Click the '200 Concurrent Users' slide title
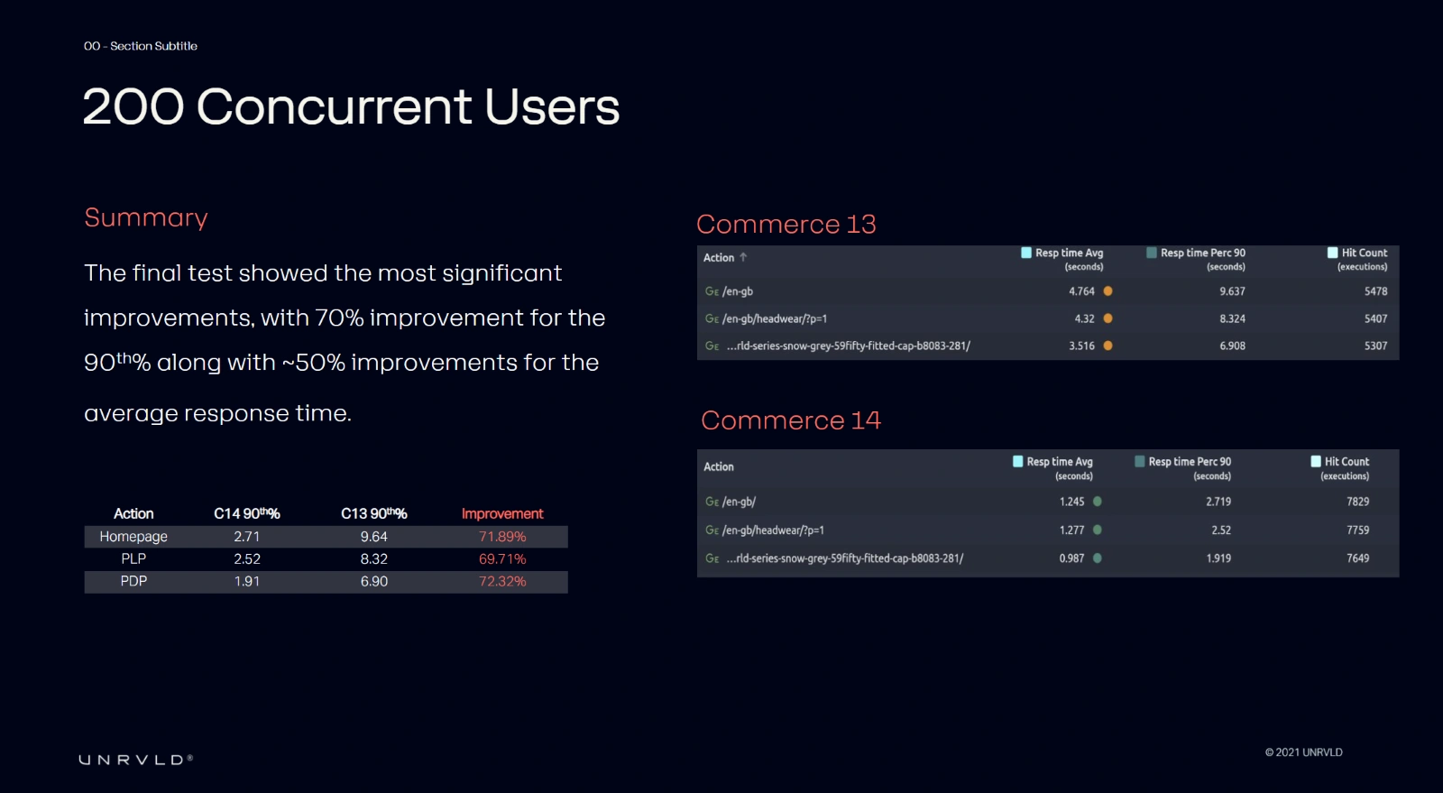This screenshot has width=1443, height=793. (351, 106)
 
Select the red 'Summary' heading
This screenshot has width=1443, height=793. (146, 217)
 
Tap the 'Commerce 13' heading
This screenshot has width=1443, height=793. (786, 224)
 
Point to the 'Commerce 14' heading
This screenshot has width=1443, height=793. (791, 420)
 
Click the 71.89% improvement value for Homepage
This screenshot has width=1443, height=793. (502, 537)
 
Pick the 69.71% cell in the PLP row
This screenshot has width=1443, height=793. (502, 558)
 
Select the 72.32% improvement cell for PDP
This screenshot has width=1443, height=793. (502, 581)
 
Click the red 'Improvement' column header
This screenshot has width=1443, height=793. (502, 513)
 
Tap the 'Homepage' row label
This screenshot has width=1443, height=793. (133, 537)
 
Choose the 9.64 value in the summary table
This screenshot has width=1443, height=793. (373, 537)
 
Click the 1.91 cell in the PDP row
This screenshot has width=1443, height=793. (247, 581)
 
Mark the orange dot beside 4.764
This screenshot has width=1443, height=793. (1108, 291)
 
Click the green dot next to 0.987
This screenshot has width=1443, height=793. (1097, 558)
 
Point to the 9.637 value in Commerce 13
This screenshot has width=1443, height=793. (1232, 291)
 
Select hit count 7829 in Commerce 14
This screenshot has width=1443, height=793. (1358, 502)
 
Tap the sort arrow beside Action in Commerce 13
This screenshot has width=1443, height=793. (743, 257)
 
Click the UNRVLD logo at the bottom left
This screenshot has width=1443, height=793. (136, 760)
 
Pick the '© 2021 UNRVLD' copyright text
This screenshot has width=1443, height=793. (1304, 752)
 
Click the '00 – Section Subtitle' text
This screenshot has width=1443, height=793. (141, 46)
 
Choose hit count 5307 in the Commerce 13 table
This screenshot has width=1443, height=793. (1376, 346)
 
